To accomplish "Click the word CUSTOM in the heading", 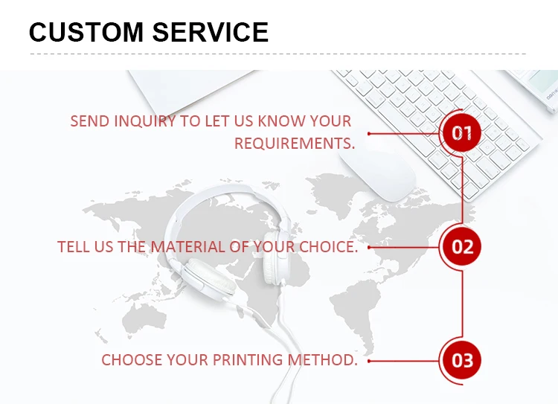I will pyautogui.click(x=84, y=32).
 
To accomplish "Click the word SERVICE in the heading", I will pyautogui.click(x=211, y=32).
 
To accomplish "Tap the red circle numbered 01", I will pyautogui.click(x=462, y=133).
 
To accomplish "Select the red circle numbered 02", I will pyautogui.click(x=462, y=246).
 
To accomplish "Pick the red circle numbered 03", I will pyautogui.click(x=462, y=361).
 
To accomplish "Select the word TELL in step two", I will pyautogui.click(x=74, y=247).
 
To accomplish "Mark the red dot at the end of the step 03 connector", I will pyautogui.click(x=370, y=361).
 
